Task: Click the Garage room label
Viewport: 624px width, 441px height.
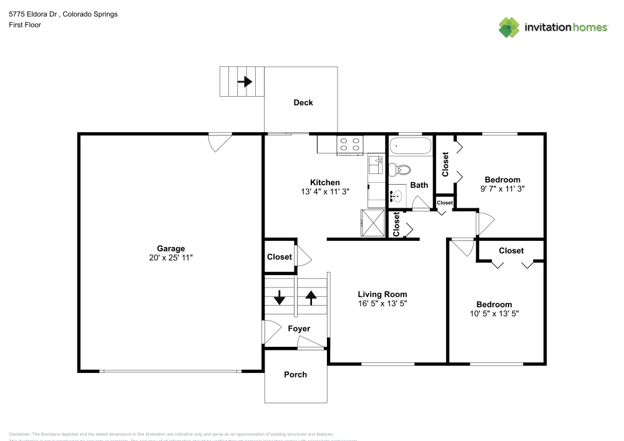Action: (170, 249)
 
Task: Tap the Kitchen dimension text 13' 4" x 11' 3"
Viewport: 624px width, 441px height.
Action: (324, 192)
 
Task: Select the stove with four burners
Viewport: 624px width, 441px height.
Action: (350, 145)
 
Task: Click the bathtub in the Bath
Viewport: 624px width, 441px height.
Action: (410, 147)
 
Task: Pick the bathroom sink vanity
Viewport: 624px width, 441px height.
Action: (396, 196)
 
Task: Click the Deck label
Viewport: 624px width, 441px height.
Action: (303, 103)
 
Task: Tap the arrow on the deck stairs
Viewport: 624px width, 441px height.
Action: (244, 81)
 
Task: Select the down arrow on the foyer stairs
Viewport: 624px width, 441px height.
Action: (280, 297)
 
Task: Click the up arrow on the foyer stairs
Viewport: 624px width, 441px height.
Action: (311, 297)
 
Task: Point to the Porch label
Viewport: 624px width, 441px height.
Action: (295, 375)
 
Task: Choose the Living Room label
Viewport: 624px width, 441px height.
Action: (382, 294)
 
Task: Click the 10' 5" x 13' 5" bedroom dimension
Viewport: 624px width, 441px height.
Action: (494, 314)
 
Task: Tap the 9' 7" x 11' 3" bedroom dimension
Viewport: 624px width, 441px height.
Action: (502, 189)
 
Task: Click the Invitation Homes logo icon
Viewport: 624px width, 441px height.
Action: (509, 27)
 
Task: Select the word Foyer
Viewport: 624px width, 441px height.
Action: (298, 329)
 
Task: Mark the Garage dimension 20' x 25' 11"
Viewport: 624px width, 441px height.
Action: (170, 258)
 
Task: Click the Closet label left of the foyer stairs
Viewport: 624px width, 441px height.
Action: (279, 257)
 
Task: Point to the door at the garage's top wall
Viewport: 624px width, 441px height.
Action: (220, 142)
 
